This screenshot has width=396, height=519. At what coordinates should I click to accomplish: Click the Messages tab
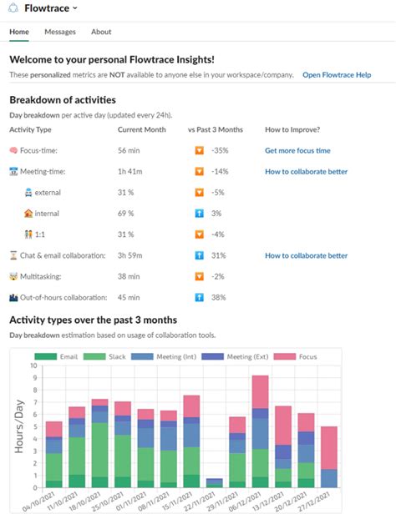tap(60, 32)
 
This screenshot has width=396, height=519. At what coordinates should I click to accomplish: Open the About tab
tap(101, 32)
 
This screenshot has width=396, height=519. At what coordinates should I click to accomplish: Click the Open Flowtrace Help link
tap(337, 75)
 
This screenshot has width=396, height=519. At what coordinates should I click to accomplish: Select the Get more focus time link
tap(297, 151)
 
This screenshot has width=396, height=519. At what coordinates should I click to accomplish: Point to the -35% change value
tap(221, 151)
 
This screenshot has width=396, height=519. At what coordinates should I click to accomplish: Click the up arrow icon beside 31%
tap(199, 255)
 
